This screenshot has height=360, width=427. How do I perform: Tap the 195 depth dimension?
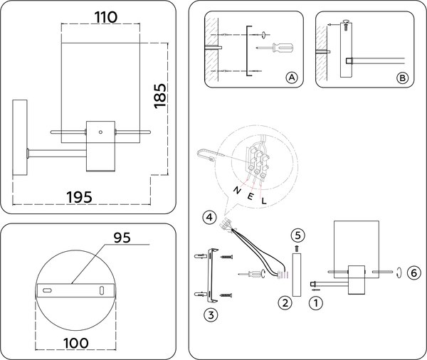pyautogui.click(x=79, y=196)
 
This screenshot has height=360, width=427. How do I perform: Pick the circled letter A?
pyautogui.click(x=290, y=78)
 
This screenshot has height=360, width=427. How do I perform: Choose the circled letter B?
pyautogui.click(x=403, y=78)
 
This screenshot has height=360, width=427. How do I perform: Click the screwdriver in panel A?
pyautogui.click(x=277, y=48)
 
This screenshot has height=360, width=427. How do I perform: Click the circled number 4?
pyautogui.click(x=207, y=218)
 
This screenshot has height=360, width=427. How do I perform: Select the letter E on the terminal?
pyautogui.click(x=251, y=196)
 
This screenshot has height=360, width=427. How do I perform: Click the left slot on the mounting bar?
pyautogui.click(x=47, y=290)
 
